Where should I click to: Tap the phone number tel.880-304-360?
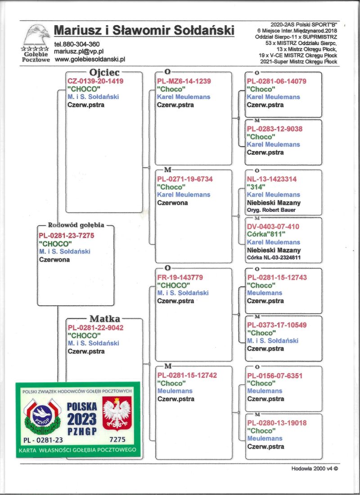(x=76, y=44)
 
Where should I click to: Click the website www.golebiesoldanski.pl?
(x=90, y=59)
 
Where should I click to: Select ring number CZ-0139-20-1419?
(x=95, y=81)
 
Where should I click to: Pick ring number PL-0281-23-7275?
(x=67, y=236)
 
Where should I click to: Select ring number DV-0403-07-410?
(x=273, y=227)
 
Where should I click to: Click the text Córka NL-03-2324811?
(x=274, y=258)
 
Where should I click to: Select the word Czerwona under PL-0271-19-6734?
(x=172, y=203)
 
